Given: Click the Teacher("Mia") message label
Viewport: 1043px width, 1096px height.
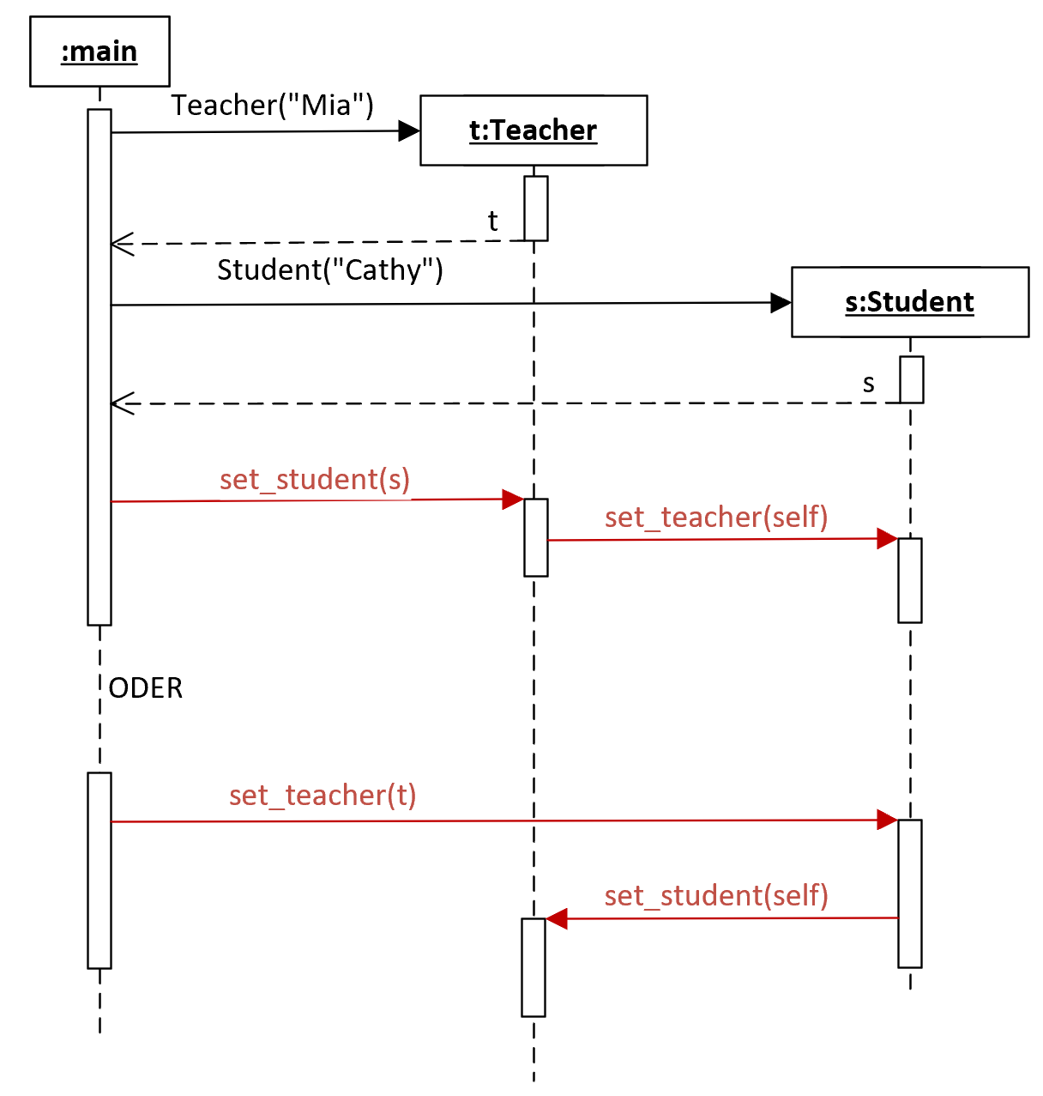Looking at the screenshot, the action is click(x=272, y=105).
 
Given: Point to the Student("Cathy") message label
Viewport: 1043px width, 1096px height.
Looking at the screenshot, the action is click(x=330, y=269).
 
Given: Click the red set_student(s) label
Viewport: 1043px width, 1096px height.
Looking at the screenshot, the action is click(x=315, y=480).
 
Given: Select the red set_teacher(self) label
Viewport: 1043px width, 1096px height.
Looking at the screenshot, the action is click(x=716, y=518).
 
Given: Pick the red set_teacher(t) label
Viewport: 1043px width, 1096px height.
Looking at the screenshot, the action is click(x=323, y=795).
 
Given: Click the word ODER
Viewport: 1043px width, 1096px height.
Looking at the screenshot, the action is click(x=146, y=688).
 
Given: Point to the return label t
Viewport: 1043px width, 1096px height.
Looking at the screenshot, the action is click(x=492, y=221).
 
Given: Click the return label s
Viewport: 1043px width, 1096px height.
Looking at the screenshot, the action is click(x=868, y=384).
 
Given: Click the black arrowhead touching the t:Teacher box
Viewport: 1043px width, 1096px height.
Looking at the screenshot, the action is click(x=409, y=131).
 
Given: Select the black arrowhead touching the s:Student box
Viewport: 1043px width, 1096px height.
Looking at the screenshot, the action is click(x=781, y=303).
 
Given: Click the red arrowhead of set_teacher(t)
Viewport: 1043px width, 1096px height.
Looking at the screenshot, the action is click(x=887, y=820).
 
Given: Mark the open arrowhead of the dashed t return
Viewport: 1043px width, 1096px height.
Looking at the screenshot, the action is click(x=122, y=244).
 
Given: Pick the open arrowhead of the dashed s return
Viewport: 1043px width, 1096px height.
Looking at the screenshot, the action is click(x=122, y=403).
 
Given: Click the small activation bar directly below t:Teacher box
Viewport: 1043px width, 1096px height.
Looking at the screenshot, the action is click(x=535, y=209).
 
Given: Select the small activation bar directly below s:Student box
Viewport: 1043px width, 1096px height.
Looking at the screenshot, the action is click(x=911, y=379).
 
